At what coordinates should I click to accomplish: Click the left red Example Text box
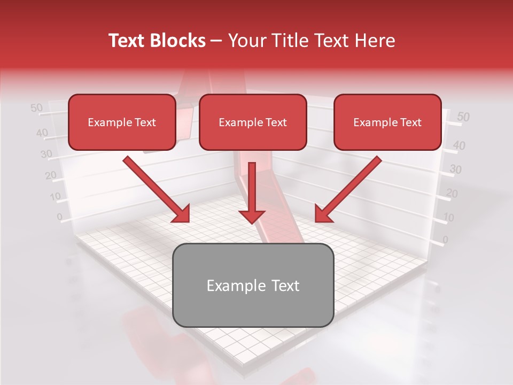(122, 122)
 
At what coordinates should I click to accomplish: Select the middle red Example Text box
(253, 122)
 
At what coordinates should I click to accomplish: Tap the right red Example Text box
(387, 122)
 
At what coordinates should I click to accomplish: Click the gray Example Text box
(253, 285)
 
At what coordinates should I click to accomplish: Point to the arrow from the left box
(158, 189)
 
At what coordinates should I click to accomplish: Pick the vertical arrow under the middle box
(252, 193)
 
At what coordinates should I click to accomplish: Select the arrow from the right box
(347, 189)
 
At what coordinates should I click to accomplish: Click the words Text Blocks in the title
(157, 41)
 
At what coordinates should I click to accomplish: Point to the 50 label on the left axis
(36, 108)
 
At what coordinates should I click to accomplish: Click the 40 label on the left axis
(42, 133)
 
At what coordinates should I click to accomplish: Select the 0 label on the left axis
(59, 217)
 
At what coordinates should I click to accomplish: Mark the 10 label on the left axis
(55, 196)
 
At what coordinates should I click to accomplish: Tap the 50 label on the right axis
(463, 117)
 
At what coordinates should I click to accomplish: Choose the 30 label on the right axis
(455, 170)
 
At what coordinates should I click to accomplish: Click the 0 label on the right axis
(445, 239)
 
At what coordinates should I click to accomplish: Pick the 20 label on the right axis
(452, 194)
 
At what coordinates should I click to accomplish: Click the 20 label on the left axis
(51, 175)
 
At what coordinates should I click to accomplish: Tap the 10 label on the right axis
(449, 217)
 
